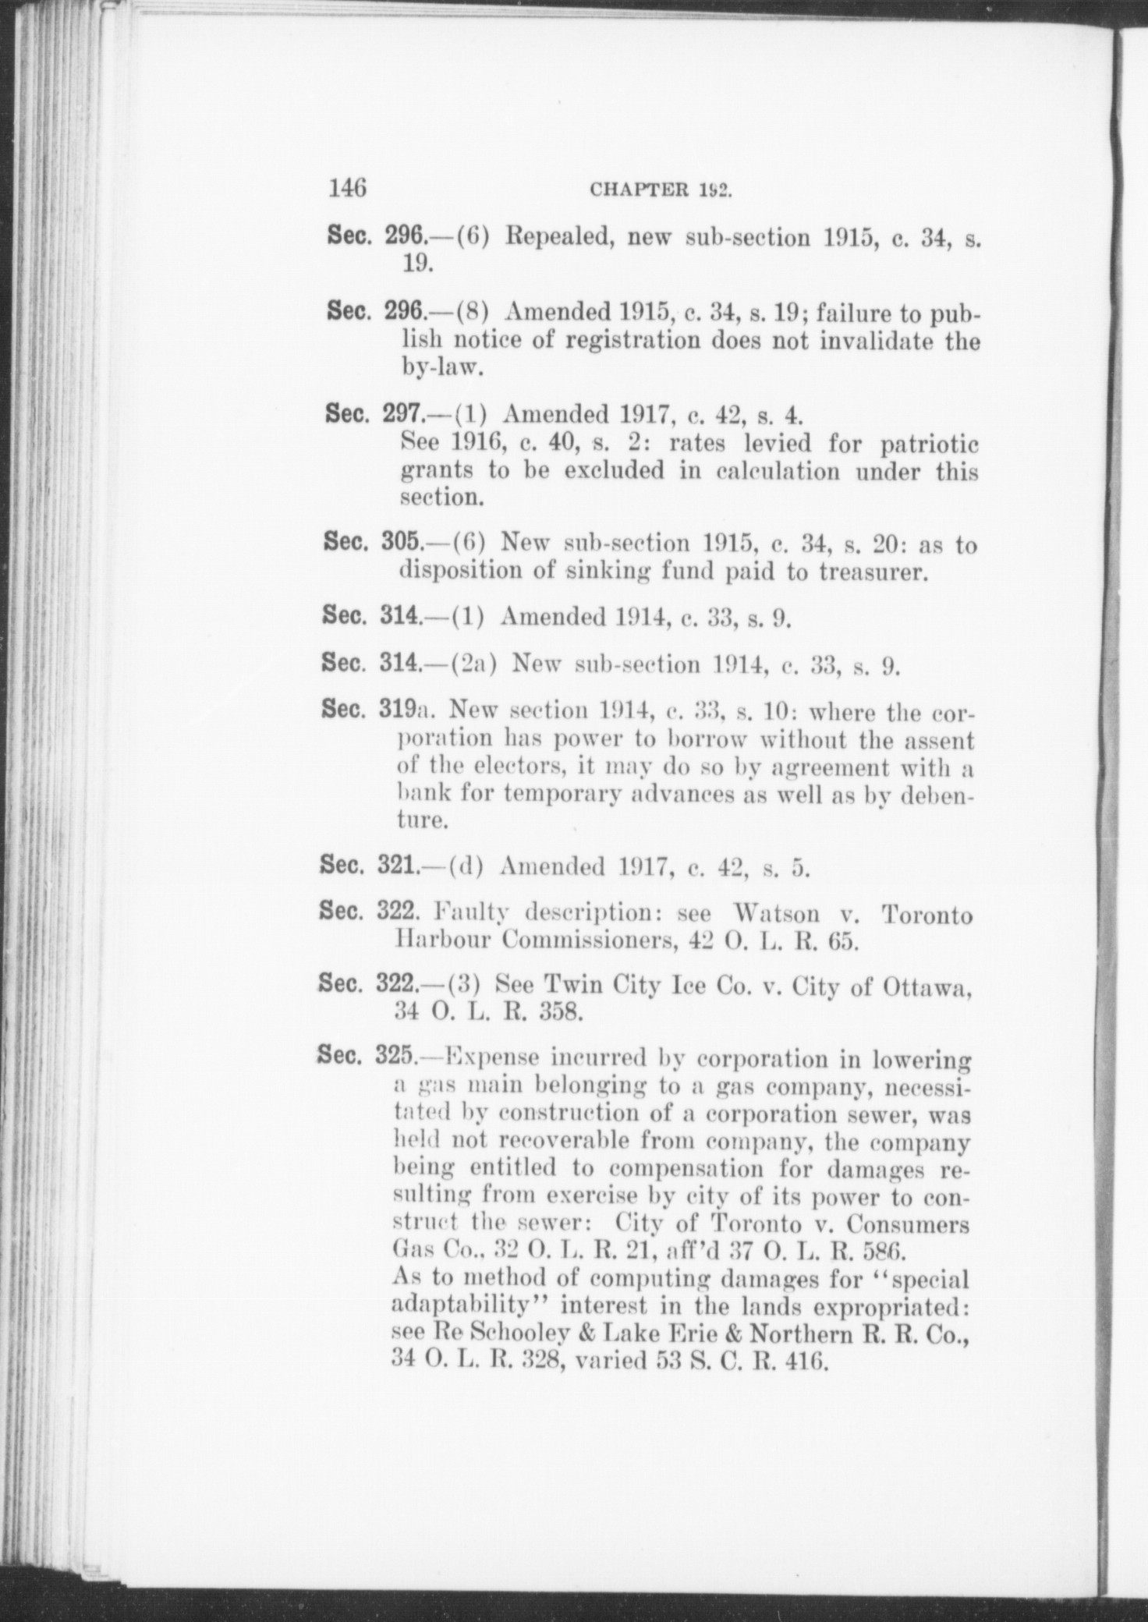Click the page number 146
coord(348,189)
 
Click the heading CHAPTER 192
coord(660,191)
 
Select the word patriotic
coord(929,444)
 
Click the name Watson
coord(777,914)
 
